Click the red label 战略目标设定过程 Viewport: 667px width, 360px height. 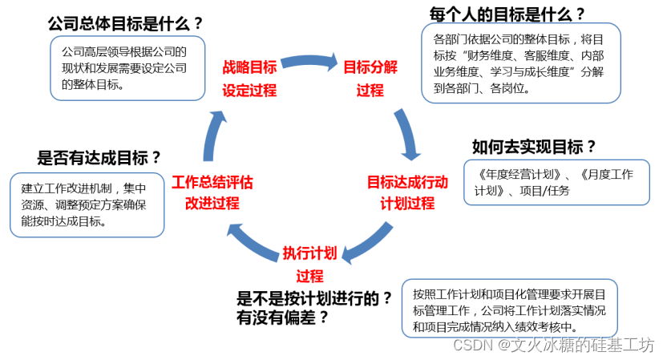[x=249, y=78]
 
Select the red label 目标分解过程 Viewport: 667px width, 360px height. [x=370, y=78]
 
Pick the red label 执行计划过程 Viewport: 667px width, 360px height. [x=310, y=265]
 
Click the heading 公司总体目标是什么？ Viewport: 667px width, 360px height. [x=126, y=23]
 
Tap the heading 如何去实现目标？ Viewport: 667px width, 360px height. [x=535, y=146]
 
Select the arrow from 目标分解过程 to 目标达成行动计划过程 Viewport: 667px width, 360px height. [x=409, y=132]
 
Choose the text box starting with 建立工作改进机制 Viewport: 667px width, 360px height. [x=87, y=204]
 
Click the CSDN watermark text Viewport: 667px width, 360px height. [x=554, y=345]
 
